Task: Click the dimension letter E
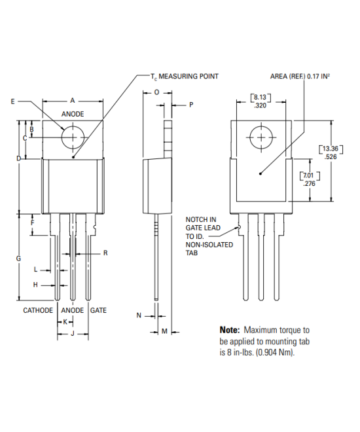pyautogui.click(x=13, y=101)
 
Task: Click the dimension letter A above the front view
pyautogui.click(x=73, y=101)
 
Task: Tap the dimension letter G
pyautogui.click(x=18, y=259)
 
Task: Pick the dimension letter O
pyautogui.click(x=156, y=93)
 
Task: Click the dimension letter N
pyautogui.click(x=139, y=315)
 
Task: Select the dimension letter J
pyautogui.click(x=73, y=334)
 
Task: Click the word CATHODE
pyautogui.click(x=38, y=310)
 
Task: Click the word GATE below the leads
pyautogui.click(x=98, y=310)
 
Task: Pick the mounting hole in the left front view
pyautogui.click(x=73, y=137)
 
